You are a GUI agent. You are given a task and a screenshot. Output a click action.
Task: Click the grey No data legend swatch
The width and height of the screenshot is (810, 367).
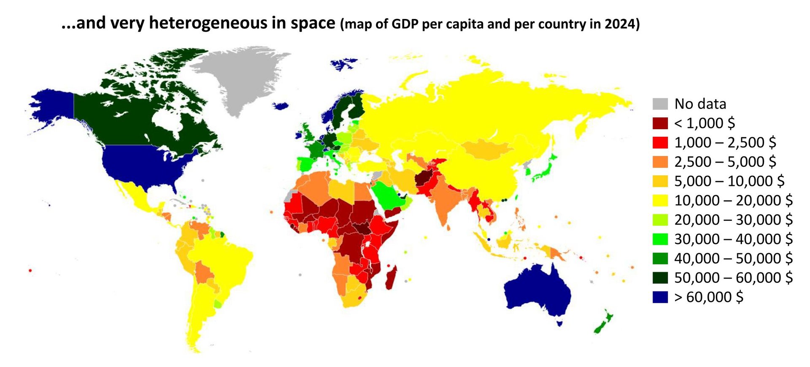tap(660, 104)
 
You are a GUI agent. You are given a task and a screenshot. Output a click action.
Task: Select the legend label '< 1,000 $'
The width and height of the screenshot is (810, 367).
tap(704, 123)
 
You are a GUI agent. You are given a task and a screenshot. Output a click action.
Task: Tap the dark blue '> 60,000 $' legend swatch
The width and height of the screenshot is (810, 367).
tap(660, 297)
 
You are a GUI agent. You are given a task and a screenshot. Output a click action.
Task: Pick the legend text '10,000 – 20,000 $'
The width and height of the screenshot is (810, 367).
tap(733, 201)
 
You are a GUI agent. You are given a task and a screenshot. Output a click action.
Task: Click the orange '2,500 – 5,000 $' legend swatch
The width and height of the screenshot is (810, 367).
tap(660, 162)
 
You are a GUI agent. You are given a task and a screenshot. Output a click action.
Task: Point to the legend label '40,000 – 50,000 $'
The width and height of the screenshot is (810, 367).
tap(733, 258)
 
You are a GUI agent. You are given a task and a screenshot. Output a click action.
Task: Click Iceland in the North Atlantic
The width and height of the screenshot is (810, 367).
tap(281, 106)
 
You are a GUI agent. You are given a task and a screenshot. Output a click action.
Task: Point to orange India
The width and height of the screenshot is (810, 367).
tap(445, 198)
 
